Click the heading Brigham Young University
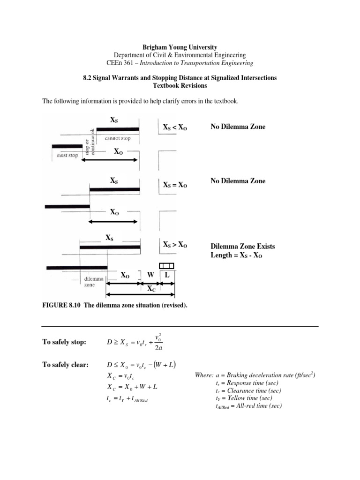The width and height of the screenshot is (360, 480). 180,47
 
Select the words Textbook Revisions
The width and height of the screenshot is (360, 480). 180,86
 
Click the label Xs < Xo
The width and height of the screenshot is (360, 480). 175,127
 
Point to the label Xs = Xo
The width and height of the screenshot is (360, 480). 175,186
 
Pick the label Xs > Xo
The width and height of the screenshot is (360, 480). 175,245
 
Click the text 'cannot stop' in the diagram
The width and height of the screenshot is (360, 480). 118,138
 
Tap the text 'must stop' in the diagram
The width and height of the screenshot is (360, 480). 67,156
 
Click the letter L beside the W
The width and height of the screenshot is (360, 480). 167,275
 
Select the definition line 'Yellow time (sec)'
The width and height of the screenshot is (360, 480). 245,398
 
